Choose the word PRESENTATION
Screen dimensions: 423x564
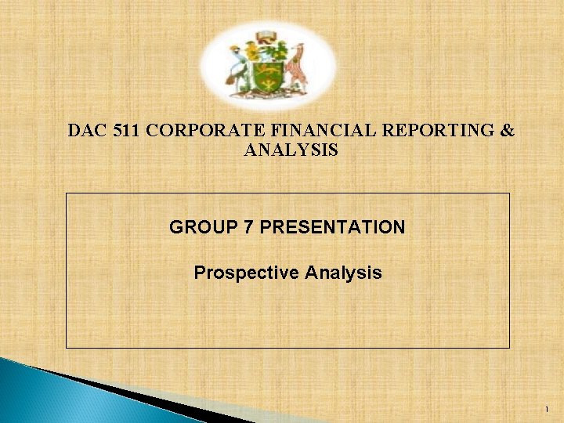(x=332, y=228)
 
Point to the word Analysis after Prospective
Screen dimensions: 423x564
(x=344, y=273)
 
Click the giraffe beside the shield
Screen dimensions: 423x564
(x=296, y=64)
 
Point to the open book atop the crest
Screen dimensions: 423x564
(x=266, y=35)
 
